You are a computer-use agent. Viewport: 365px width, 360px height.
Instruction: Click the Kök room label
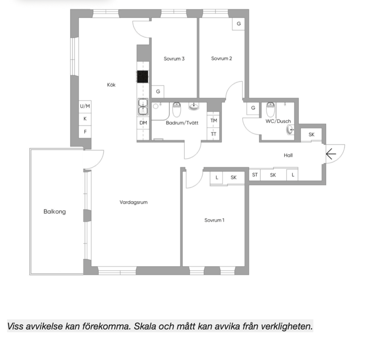click(x=111, y=85)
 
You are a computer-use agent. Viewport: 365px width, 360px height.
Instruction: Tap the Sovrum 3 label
click(x=174, y=59)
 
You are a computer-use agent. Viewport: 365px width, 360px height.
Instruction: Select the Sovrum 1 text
click(x=214, y=220)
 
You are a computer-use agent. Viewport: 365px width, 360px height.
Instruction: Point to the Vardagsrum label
click(x=133, y=202)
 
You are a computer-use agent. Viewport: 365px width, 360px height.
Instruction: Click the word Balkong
click(x=55, y=212)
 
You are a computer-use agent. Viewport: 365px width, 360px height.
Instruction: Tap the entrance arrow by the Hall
click(x=330, y=154)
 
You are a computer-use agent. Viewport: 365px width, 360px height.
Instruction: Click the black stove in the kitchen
click(x=143, y=77)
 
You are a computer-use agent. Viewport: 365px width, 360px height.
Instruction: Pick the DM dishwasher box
click(x=143, y=123)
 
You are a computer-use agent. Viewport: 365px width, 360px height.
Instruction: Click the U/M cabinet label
click(x=85, y=106)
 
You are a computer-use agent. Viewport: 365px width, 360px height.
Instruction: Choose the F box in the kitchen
click(x=85, y=132)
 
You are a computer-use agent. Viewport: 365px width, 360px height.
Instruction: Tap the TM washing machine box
click(x=214, y=121)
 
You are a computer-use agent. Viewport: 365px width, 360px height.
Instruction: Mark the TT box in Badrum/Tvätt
click(x=214, y=134)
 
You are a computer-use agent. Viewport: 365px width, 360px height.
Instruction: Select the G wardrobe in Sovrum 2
click(x=239, y=24)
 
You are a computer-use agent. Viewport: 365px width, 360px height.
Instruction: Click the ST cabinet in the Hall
click(x=255, y=174)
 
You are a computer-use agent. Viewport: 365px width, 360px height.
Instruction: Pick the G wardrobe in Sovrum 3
click(x=158, y=91)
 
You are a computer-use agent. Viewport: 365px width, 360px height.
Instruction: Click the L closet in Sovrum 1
click(x=217, y=178)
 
